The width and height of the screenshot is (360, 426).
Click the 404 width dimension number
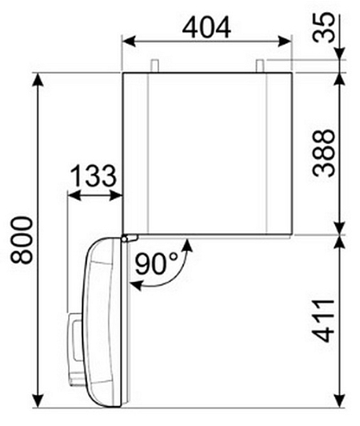[x=206, y=27]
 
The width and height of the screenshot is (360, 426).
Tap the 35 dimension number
[x=323, y=27]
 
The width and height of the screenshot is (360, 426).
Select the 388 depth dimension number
[x=323, y=153]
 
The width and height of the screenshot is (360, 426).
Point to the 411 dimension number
[x=323, y=320]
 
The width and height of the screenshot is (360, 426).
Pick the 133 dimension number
[x=94, y=175]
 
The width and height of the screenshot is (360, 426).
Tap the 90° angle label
[x=155, y=263]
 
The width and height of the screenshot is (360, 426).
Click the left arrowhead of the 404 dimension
[x=129, y=42]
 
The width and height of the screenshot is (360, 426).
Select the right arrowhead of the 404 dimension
[x=285, y=42]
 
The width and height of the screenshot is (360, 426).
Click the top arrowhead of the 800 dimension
[x=38, y=79]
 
